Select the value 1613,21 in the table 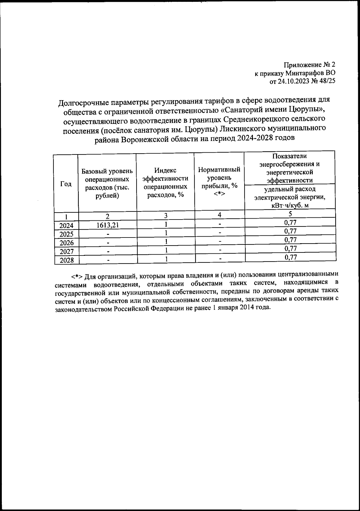tap(107, 225)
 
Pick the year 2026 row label tap(67, 243)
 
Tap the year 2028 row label tap(67, 260)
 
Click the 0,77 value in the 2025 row tap(290, 231)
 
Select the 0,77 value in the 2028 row tap(290, 257)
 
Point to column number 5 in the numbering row tap(290, 214)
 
